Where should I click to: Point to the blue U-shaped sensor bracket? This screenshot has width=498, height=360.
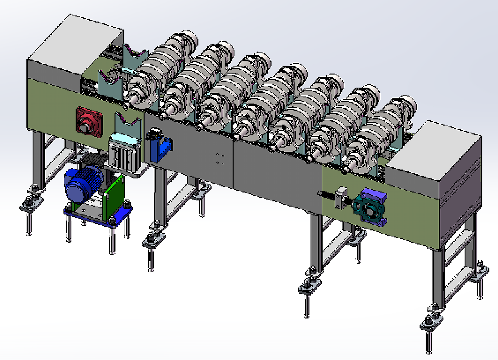(162, 147)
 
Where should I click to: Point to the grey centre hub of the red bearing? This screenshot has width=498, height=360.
(89, 124)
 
